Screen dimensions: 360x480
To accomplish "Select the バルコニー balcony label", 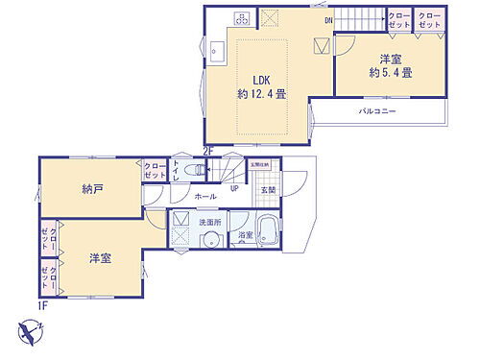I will tap(378, 112).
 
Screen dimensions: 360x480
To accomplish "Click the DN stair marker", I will tap(328, 19).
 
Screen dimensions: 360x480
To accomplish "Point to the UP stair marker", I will tap(234, 188).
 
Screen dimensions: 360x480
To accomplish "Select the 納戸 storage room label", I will tap(91, 189).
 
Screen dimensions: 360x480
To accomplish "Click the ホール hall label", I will tap(204, 196).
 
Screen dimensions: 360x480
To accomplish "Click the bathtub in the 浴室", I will tap(270, 230).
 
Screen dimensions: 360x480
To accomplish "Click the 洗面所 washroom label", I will tap(209, 222).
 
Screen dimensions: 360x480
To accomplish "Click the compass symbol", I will tap(30, 332).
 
